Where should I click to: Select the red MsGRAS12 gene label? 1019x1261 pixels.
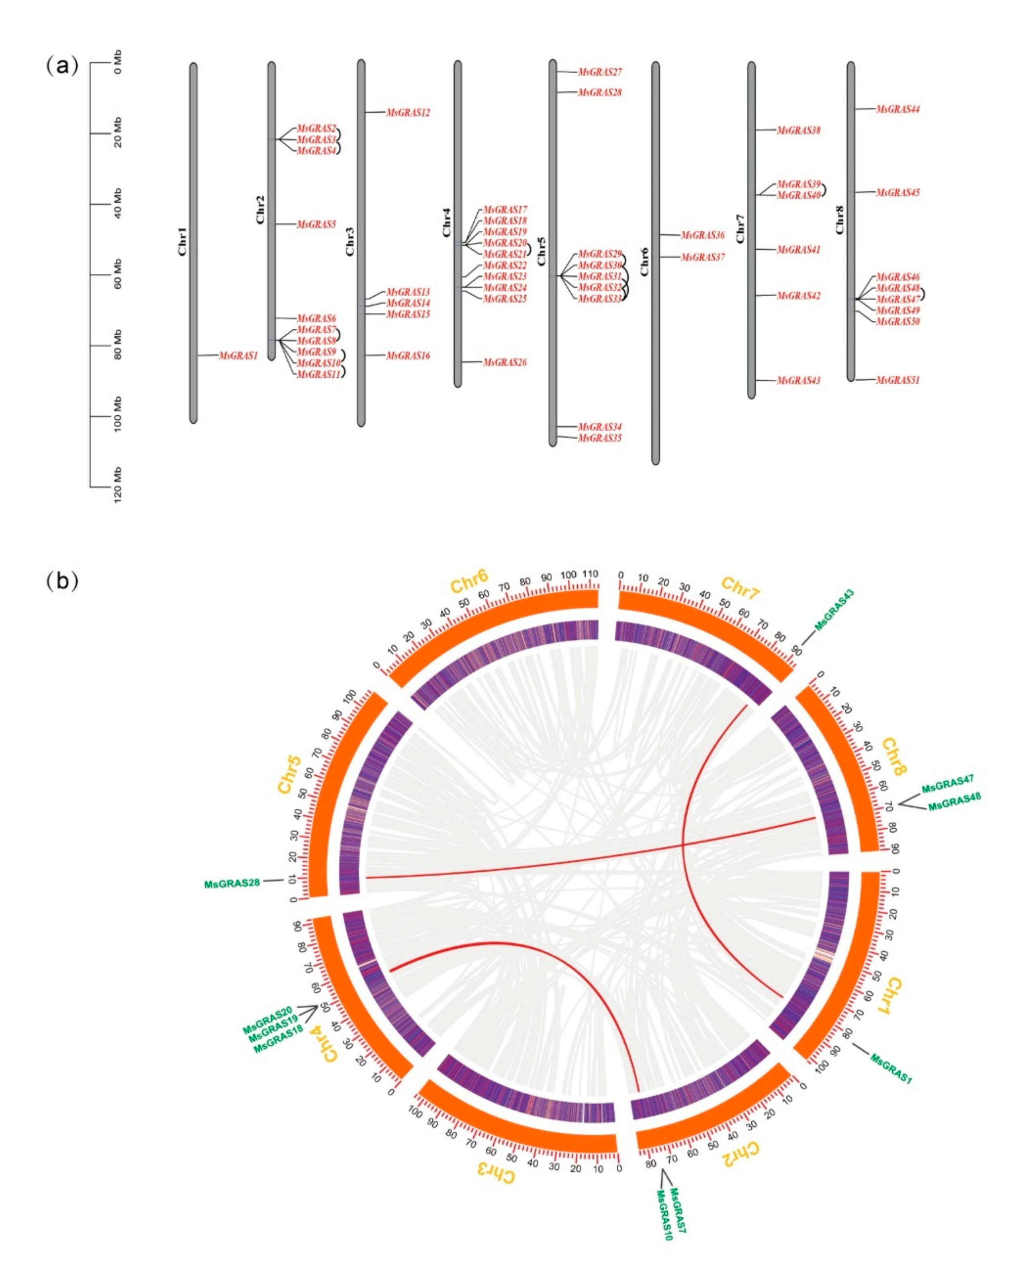point(408,113)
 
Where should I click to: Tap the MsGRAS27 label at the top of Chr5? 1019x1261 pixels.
point(600,72)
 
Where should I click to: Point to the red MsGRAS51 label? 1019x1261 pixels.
point(898,380)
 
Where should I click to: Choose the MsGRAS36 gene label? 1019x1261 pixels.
point(703,235)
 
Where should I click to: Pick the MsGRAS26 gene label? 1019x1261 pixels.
point(505,362)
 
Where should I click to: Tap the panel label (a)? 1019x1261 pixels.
point(62,66)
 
